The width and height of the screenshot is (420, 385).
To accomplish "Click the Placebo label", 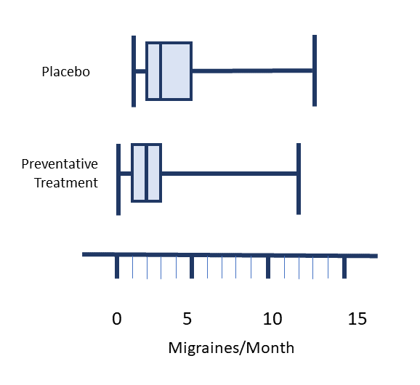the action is (x=66, y=72).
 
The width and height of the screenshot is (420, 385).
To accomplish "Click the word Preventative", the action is (x=60, y=164).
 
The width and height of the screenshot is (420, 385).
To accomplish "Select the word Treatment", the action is (x=66, y=183).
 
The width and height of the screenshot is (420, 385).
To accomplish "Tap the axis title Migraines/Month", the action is (x=231, y=348).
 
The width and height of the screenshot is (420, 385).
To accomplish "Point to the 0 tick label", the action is (x=117, y=319).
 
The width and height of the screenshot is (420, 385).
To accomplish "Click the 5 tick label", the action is (x=187, y=319).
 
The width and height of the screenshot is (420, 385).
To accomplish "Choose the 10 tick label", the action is (x=272, y=319).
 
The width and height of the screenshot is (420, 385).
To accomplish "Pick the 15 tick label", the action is (x=358, y=319).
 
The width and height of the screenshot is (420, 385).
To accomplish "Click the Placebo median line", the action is (x=161, y=71).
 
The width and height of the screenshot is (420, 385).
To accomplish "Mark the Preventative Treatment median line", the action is (x=146, y=173).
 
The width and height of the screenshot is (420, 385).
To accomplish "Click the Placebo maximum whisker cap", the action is (x=315, y=70).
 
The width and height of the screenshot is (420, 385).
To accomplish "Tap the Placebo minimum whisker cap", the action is (x=134, y=71).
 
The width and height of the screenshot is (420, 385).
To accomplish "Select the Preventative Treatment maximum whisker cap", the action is (x=299, y=179).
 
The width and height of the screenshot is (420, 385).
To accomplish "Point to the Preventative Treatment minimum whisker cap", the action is (x=118, y=179).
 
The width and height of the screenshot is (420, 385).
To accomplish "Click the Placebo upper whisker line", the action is (x=252, y=70).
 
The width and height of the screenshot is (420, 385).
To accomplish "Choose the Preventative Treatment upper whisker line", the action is (x=229, y=174).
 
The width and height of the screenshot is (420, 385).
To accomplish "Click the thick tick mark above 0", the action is (x=117, y=267).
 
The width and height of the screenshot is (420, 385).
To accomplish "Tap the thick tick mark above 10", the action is (x=268, y=267).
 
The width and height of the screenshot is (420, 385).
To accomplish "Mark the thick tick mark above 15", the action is (x=344, y=268).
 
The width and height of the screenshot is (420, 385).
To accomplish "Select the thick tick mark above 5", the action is (x=192, y=267).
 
